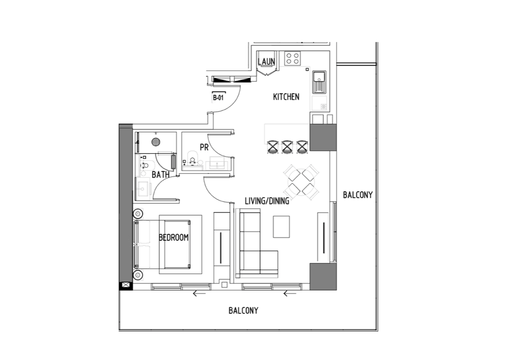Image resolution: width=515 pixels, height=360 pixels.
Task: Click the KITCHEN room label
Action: click(x=286, y=97)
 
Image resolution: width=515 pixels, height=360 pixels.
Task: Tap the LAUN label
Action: click(x=266, y=61)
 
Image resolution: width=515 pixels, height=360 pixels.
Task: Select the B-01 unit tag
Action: click(x=218, y=98)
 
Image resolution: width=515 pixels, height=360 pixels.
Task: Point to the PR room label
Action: click(x=204, y=147)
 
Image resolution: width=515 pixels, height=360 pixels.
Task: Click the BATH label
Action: click(x=161, y=175)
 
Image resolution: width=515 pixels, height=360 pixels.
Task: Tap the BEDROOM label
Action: click(x=174, y=237)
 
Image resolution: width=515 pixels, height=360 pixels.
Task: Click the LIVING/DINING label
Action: click(x=267, y=201)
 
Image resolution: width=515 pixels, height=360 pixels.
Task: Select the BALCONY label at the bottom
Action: click(x=243, y=310)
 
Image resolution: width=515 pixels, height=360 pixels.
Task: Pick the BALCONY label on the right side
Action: click(x=357, y=195)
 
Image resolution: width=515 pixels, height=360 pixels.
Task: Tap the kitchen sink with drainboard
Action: click(x=319, y=82)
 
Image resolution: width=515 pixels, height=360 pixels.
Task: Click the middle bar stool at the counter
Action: click(x=287, y=147)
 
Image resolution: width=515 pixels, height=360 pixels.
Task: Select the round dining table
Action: click(x=301, y=182)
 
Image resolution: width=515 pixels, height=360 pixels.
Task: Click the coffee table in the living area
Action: click(x=281, y=227)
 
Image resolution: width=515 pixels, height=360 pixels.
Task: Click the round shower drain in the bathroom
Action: click(x=156, y=142)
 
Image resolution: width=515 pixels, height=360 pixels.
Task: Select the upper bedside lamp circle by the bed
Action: click(x=138, y=214)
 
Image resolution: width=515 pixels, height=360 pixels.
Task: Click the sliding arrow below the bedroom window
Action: click(x=199, y=293)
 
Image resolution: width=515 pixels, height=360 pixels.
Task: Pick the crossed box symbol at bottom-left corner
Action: click(x=126, y=285)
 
